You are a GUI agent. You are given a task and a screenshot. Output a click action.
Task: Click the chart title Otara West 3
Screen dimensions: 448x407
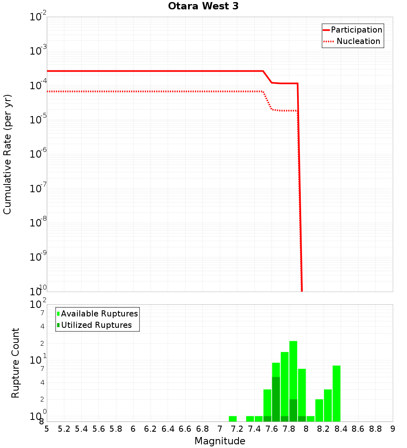tap(203, 7)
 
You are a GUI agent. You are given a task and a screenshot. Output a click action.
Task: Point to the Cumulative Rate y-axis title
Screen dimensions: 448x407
tap(7, 154)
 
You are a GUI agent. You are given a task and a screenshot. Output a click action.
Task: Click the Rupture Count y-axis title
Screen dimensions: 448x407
tap(15, 362)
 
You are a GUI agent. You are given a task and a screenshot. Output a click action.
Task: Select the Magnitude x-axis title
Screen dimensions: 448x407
tap(220, 441)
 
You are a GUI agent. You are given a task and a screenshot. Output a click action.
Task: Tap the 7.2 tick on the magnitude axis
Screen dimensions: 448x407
tap(237, 429)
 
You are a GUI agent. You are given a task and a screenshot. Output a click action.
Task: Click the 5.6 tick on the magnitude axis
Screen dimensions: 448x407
tap(98, 429)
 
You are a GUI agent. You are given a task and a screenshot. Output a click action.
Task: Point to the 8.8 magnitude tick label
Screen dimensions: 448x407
tap(375, 429)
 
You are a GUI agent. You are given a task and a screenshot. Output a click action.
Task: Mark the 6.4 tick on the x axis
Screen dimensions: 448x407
tap(168, 429)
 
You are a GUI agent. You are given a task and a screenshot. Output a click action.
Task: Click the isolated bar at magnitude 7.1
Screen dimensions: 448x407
tap(232, 419)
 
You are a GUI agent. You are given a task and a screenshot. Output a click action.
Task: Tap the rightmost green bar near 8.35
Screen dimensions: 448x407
tap(336, 393)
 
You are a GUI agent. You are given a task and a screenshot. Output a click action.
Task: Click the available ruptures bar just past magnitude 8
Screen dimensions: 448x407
tap(311, 419)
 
